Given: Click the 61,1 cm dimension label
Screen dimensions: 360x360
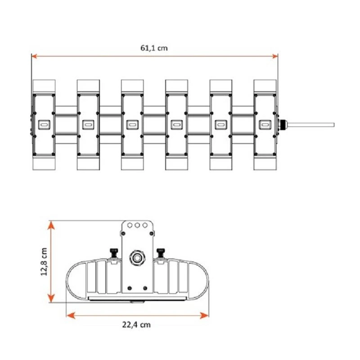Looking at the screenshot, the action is [x=154, y=48].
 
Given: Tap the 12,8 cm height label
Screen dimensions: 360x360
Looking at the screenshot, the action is [x=44, y=262].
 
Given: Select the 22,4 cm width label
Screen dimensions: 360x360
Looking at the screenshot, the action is [x=136, y=324].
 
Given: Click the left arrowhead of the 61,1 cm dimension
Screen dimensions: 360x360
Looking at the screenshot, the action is [x=35, y=56].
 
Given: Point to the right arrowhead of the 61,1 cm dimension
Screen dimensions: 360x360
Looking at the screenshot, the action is [x=274, y=56].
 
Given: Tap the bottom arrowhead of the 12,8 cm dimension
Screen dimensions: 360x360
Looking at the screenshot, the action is [x=51, y=298].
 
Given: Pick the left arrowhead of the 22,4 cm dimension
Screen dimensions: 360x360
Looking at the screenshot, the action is [x=71, y=315].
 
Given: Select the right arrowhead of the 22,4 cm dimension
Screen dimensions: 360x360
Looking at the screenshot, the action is [x=204, y=315].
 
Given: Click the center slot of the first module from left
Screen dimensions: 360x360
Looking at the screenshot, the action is [x=44, y=125].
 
